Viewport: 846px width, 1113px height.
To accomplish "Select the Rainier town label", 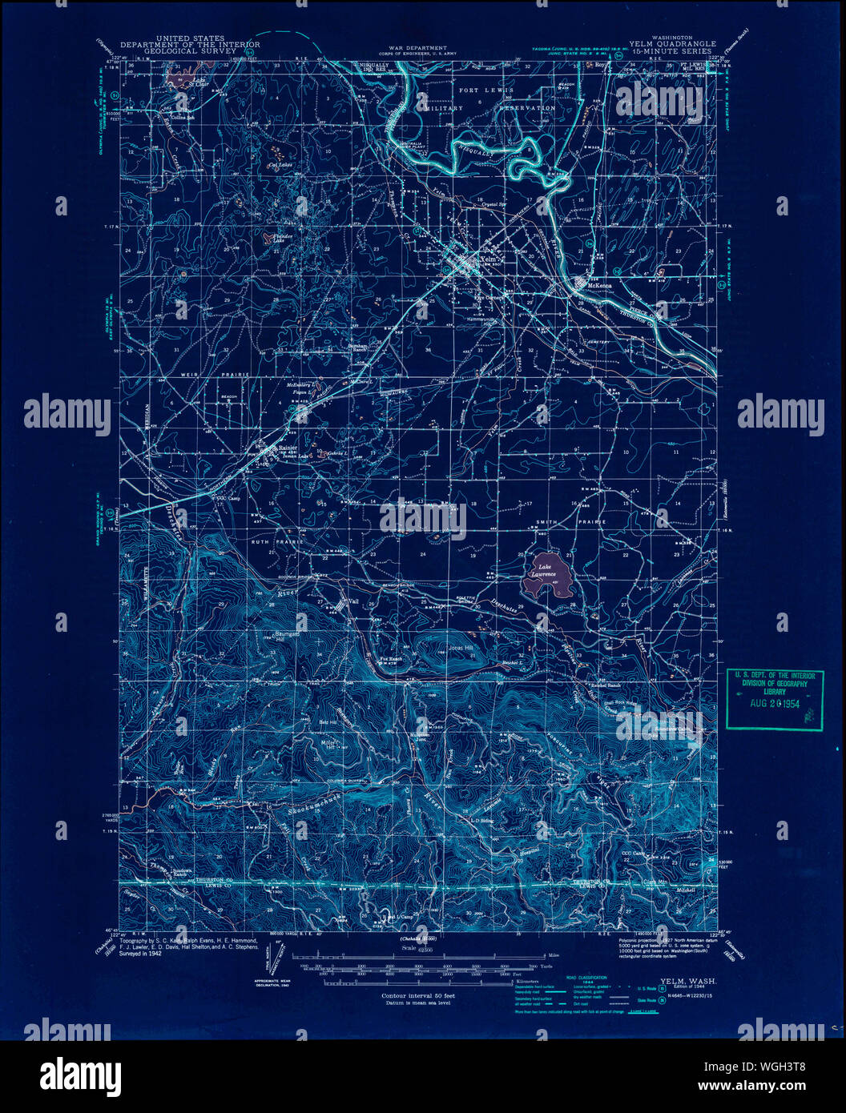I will pyautogui.click(x=287, y=448).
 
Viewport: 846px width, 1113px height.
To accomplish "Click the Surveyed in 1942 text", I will pyautogui.click(x=140, y=954).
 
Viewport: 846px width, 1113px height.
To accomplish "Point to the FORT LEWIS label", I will pyautogui.click(x=480, y=90).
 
